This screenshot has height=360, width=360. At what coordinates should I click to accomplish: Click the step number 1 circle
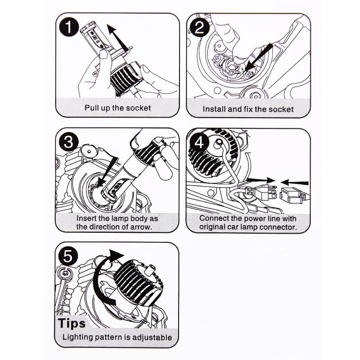tap(69, 27)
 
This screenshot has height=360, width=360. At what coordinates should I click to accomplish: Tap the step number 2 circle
tap(199, 27)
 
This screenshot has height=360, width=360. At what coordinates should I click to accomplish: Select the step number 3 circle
tap(69, 142)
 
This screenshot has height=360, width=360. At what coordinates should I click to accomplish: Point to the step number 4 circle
tap(199, 143)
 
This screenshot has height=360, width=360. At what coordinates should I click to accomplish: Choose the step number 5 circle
tap(68, 256)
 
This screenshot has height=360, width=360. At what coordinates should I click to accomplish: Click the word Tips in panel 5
tap(72, 324)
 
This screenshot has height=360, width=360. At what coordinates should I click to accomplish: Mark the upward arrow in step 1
tap(118, 37)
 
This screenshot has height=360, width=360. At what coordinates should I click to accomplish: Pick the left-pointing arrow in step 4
tap(295, 183)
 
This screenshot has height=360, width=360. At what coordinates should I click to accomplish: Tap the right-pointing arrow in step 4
tap(261, 180)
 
